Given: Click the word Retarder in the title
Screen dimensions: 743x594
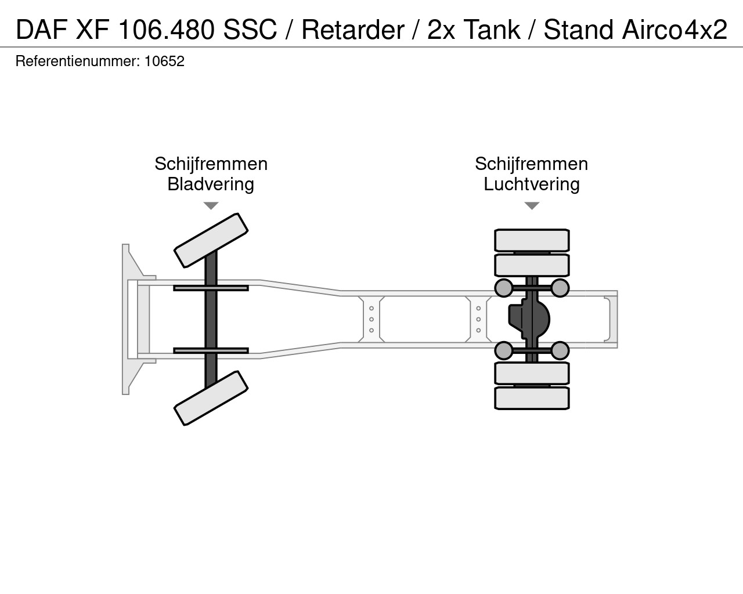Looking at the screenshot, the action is pos(353,30).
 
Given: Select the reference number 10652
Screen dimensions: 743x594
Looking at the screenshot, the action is pos(164,61).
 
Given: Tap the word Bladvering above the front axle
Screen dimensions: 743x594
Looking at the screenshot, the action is pos(211,184).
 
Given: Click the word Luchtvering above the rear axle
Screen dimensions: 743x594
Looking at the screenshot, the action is pos(531,184).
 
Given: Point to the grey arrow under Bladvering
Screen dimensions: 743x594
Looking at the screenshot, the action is pos(211,206).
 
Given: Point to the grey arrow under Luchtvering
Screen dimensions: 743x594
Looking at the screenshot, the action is pos(532,206).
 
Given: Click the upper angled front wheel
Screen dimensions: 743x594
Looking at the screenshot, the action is pos(211,240).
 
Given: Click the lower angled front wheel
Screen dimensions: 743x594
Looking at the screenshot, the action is pos(211,399).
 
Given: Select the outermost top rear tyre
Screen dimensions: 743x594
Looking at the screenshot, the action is pos(532,240).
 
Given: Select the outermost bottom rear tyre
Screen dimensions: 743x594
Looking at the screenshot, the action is pos(532,399).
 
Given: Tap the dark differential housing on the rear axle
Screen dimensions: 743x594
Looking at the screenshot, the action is pos(529,319).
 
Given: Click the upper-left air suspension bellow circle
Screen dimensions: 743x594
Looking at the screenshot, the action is pos(504,288).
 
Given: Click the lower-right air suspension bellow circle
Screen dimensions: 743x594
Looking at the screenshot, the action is pos(560,351).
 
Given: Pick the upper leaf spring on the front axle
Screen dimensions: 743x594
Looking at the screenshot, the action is pos(211,288).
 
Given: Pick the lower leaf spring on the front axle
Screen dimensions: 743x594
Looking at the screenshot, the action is pos(211,351).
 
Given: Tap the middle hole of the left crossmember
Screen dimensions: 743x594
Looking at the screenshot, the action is pos(371,319).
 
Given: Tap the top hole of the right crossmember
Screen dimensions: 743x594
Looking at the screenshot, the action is pos(478,308).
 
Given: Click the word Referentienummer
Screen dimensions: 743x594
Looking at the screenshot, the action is pos(78,61).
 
